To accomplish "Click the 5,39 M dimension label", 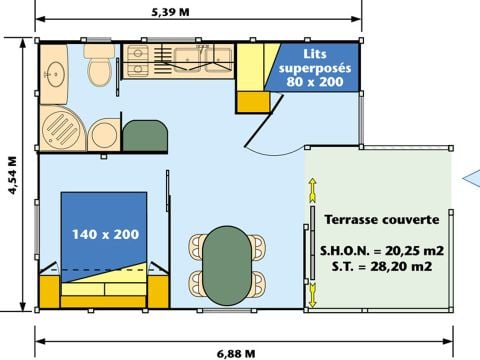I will (x=199, y=12).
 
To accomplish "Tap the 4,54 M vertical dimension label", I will (x=13, y=176).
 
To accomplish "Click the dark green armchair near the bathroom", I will (x=145, y=135).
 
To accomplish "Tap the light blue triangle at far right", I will (x=471, y=179).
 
